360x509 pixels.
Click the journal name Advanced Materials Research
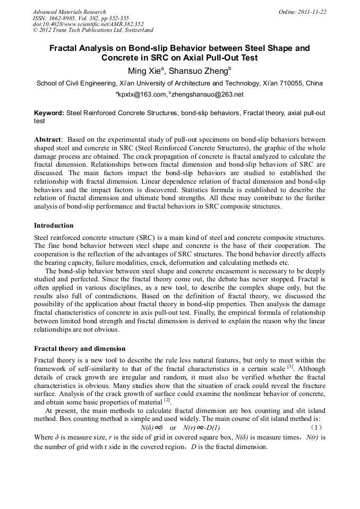pyautogui.click(x=69, y=12)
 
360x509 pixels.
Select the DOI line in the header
pyautogui.click(x=88, y=24)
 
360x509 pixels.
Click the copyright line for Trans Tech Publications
pyautogui.click(x=93, y=30)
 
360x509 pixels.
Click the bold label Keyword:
pyautogui.click(x=49, y=113)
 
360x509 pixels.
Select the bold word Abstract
pyautogui.click(x=47, y=139)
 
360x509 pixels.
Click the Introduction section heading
pyautogui.click(x=54, y=225)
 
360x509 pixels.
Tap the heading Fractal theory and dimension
pyautogui.click(x=80, y=349)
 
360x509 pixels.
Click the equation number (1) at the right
pyautogui.click(x=316, y=428)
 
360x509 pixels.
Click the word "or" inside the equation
pyautogui.click(x=173, y=428)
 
